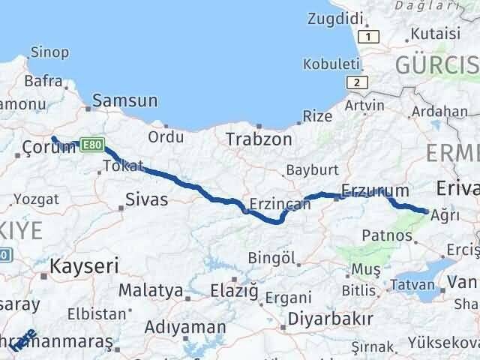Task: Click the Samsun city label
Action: pos(124,100)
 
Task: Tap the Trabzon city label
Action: pos(259,139)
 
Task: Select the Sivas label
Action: pos(147,199)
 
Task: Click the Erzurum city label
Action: pos(374,190)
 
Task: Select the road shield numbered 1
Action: pos(368,37)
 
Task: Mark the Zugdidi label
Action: pos(336,14)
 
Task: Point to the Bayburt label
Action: pos(311,170)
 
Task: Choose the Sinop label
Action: pos(49,52)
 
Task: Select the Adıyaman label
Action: pos(184,327)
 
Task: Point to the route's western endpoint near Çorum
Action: pos(53,137)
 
